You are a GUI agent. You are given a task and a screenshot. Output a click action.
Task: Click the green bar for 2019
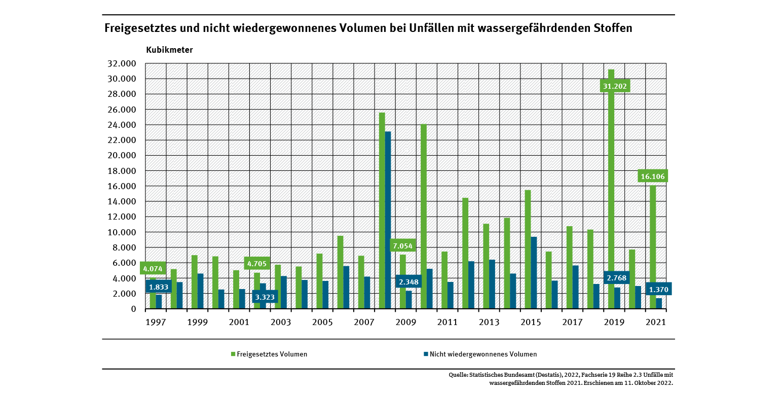[x=611, y=203]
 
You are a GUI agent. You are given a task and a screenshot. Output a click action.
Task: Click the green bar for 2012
[x=465, y=253]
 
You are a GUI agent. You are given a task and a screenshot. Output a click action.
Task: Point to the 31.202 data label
[x=615, y=86]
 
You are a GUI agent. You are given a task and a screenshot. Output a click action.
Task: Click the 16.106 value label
[x=653, y=176]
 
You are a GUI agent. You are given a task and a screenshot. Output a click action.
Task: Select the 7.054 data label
[x=403, y=246]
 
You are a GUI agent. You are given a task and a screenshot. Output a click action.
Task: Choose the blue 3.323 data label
[x=265, y=296]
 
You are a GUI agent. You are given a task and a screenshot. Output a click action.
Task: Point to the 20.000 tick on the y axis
[x=122, y=156]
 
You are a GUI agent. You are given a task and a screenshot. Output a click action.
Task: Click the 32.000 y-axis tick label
[x=122, y=64]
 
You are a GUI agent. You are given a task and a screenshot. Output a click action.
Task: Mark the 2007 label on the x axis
[x=364, y=323]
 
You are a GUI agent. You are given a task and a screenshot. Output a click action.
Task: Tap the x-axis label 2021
[x=655, y=323]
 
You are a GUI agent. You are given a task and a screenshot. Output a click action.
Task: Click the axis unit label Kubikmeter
[x=169, y=50]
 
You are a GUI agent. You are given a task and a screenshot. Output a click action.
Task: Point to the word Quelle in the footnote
[x=458, y=375]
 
